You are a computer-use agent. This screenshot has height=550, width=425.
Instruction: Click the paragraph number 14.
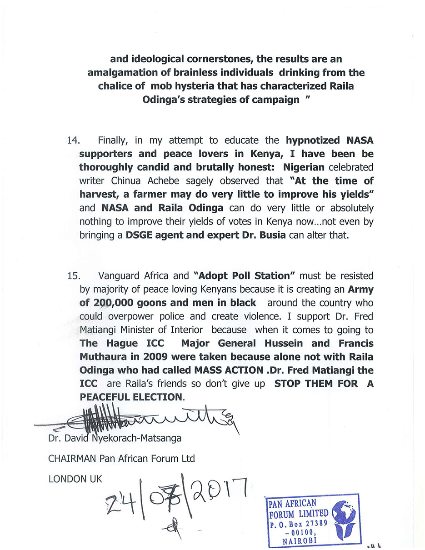click(73, 140)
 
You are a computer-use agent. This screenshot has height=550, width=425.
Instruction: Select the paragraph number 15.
click(73, 276)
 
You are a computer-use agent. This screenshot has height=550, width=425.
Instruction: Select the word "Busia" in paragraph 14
click(272, 235)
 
